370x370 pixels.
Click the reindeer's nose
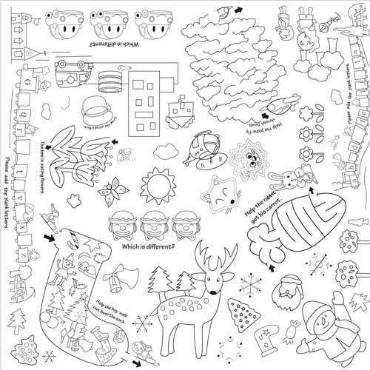[215, 287]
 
